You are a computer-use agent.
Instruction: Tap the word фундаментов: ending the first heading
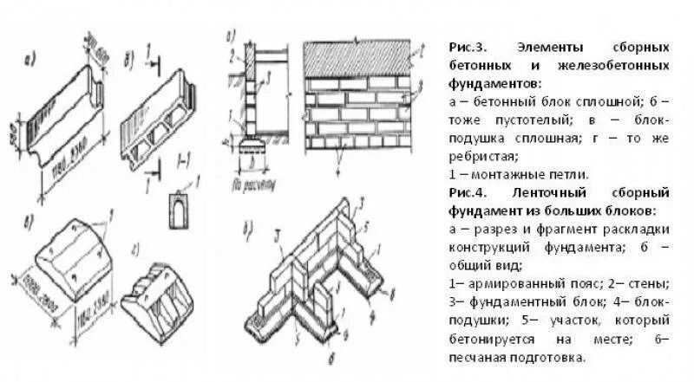click(494, 83)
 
